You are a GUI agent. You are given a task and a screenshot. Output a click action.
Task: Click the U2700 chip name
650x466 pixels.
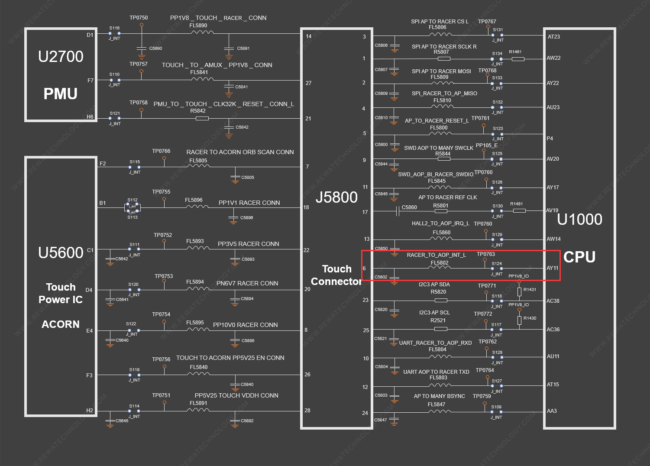pyautogui.click(x=61, y=56)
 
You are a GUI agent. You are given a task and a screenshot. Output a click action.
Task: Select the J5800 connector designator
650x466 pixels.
pyautogui.click(x=336, y=197)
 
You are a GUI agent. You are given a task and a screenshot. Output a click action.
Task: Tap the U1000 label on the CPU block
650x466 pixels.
pyautogui.click(x=579, y=220)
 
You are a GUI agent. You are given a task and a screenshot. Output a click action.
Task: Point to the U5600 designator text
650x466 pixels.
pyautogui.click(x=61, y=253)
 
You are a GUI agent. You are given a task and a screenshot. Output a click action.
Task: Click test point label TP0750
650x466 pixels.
pyautogui.click(x=139, y=18)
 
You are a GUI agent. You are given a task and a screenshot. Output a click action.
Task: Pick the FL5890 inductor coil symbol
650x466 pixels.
pyautogui.click(x=202, y=32)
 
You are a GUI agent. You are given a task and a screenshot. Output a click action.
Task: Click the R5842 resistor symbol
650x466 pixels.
pyautogui.click(x=202, y=118)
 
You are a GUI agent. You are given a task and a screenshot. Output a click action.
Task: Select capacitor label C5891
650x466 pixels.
pyautogui.click(x=243, y=48)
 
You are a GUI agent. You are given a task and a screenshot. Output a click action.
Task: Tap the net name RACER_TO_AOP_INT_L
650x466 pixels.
pyautogui.click(x=437, y=255)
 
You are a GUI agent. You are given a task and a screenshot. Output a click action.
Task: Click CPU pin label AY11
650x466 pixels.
pyautogui.click(x=553, y=268)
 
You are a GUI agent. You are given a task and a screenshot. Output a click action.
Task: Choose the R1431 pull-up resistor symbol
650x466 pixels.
pyautogui.click(x=519, y=292)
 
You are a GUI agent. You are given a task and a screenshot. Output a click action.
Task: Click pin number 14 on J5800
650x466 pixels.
pyautogui.click(x=308, y=36)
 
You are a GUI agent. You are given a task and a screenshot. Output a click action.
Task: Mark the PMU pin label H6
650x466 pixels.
pyautogui.click(x=90, y=116)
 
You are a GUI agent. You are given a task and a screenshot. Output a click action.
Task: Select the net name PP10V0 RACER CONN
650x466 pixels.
pyautogui.click(x=245, y=325)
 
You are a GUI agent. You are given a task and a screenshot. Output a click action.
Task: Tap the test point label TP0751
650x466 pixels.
pyautogui.click(x=161, y=395)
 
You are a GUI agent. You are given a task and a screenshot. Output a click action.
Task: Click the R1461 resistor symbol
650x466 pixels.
pyautogui.click(x=518, y=59)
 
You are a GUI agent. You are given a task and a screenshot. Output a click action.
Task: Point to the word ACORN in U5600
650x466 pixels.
pyautogui.click(x=60, y=324)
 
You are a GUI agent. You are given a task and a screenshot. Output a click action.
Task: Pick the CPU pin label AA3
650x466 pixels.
pyautogui.click(x=552, y=411)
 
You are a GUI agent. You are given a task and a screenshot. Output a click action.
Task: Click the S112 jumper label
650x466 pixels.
pyautogui.click(x=133, y=200)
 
